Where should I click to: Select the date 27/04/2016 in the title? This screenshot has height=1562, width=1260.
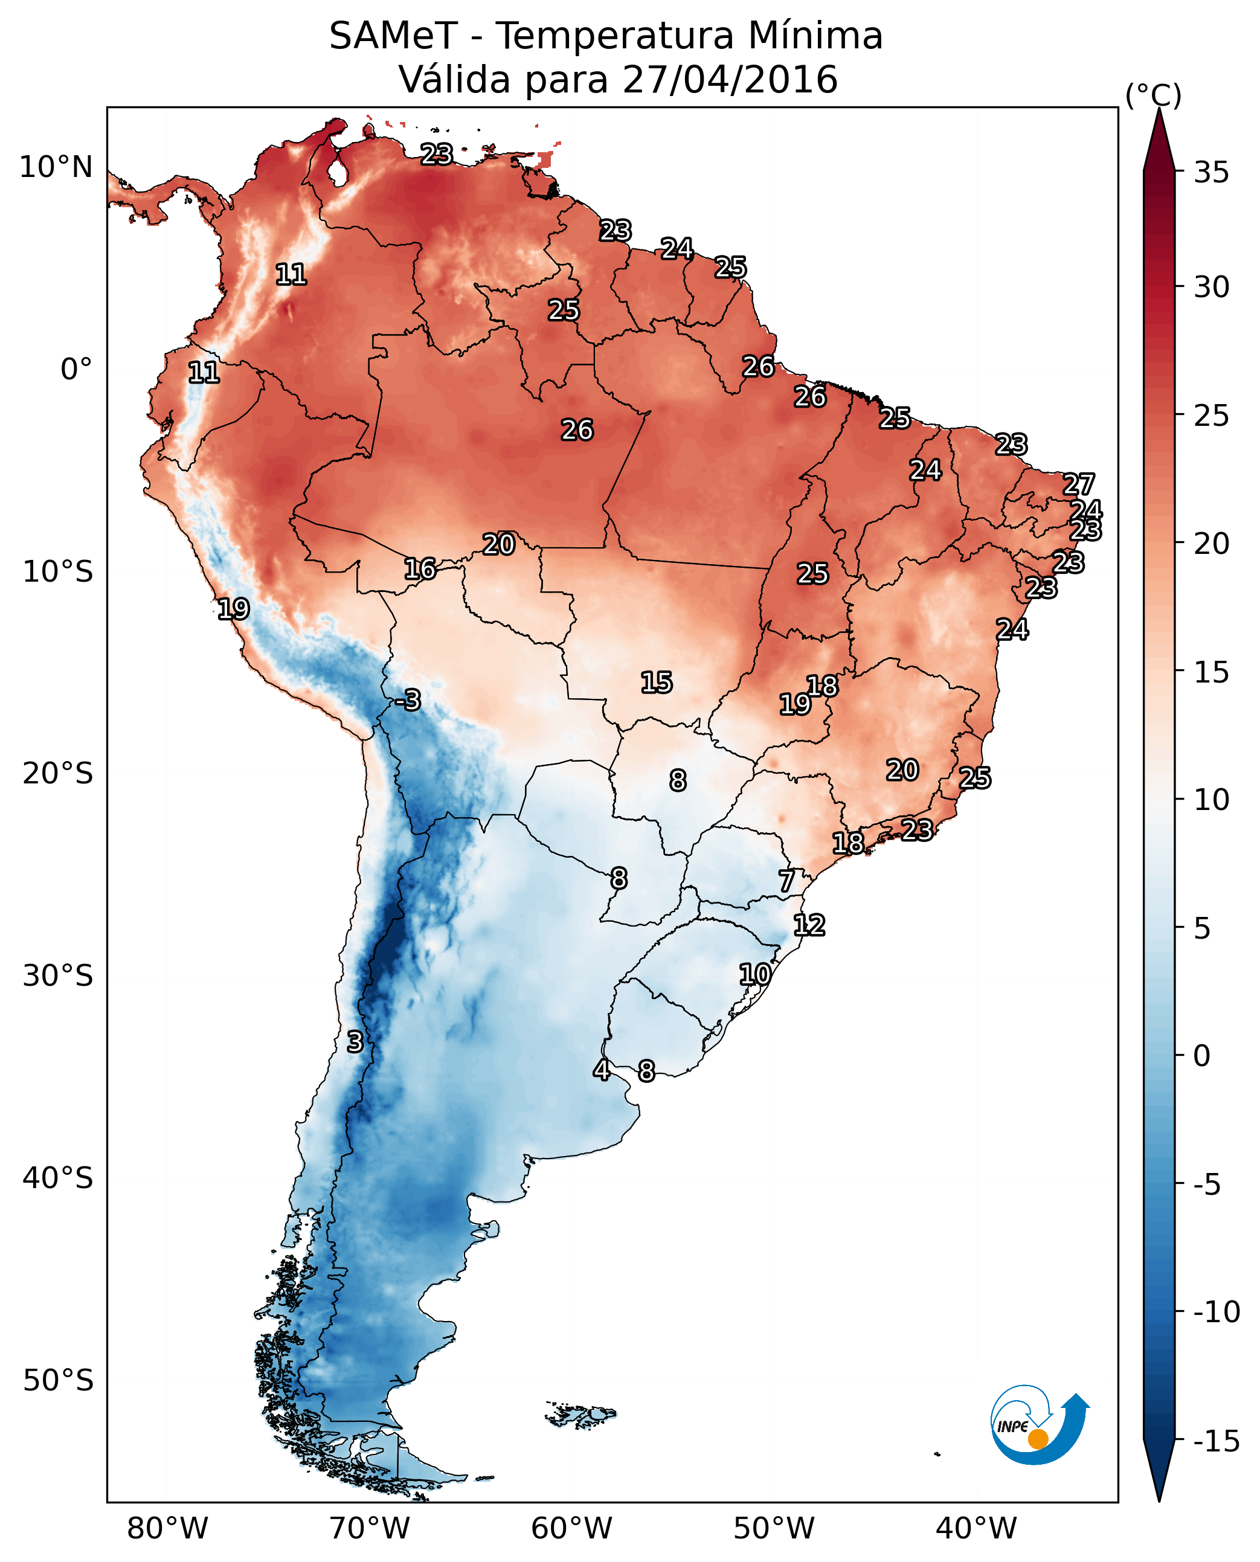pos(730,80)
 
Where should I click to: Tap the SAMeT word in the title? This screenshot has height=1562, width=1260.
pos(393,36)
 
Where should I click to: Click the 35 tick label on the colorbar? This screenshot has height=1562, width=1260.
pos(1211,173)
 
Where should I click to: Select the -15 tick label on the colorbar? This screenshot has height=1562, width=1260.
pos(1217,1442)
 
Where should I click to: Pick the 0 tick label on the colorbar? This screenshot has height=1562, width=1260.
pos(1202,1056)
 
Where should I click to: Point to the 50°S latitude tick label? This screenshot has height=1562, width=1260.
pos(58,1381)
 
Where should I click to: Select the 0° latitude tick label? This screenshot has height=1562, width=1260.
pos(76,370)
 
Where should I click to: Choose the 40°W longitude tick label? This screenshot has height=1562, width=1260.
pos(976,1529)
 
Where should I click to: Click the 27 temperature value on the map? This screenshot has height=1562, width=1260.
pos(1079,484)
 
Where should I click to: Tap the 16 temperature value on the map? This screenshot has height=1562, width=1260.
pos(420,569)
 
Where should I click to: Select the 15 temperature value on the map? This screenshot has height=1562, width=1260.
pos(656,683)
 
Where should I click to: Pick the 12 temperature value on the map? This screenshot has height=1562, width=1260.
pos(809,925)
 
